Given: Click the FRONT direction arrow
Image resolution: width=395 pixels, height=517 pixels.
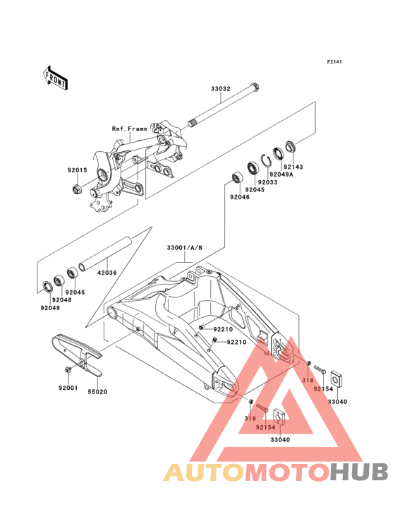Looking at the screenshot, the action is point(56,78).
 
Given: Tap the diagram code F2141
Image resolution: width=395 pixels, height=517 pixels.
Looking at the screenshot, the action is point(334,61).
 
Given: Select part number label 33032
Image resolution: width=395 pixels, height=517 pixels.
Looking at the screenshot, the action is point(221,89).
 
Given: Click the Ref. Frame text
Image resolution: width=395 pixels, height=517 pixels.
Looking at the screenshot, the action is point(129,129).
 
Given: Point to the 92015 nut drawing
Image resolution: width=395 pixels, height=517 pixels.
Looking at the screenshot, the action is point(77,189).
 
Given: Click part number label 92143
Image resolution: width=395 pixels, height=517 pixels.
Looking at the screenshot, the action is point(293,167).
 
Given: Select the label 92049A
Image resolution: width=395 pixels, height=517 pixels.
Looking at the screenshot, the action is point(281,174).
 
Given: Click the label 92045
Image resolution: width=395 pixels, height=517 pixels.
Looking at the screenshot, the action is point(255,189).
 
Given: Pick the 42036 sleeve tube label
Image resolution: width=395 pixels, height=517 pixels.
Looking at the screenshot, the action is point(107,273).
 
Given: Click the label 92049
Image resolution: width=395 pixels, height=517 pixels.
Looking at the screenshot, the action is point(50,308).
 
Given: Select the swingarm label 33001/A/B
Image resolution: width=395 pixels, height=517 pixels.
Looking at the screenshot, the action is point(185,248).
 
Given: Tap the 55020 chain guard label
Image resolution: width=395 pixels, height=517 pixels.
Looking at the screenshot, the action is point(97,392).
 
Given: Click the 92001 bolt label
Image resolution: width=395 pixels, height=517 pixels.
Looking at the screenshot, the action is point(68,388).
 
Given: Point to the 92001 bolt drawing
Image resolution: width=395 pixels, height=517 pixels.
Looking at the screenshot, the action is point(69,369).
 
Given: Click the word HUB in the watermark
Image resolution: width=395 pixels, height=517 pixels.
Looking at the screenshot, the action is point(359,472).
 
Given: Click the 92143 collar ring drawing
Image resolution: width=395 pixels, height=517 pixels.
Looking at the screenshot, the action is point(291,146).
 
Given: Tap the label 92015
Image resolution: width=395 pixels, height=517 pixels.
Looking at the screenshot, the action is point(78,170).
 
